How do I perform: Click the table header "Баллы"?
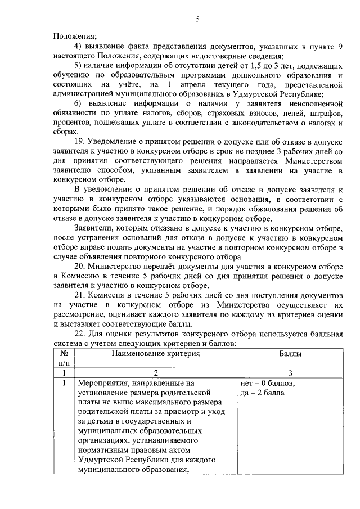click(290, 354)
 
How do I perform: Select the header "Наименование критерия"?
click(155, 354)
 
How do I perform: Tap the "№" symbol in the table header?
click(64, 354)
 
